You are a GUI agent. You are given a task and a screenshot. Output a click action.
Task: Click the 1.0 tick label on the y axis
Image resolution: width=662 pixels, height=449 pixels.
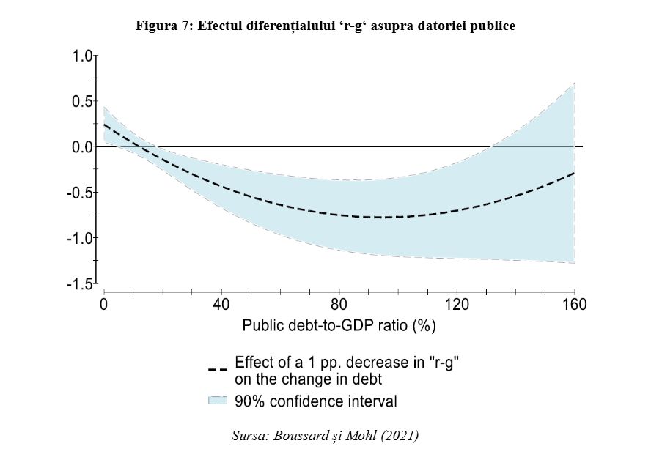coord(83,56)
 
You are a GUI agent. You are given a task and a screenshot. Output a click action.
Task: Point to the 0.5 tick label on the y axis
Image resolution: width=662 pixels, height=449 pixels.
coord(83,101)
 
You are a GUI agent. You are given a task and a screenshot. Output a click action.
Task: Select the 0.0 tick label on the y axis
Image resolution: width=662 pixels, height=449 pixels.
coord(83,146)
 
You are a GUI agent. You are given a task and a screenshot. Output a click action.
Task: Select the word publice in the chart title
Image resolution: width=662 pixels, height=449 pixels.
coord(495,26)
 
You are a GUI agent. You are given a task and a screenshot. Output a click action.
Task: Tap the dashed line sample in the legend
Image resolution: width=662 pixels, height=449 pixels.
coord(218,369)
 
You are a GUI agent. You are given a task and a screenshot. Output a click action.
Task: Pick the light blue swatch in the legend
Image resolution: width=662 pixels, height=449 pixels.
coord(218,401)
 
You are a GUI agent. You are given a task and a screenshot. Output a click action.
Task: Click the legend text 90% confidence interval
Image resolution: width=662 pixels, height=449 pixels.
coord(315,401)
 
